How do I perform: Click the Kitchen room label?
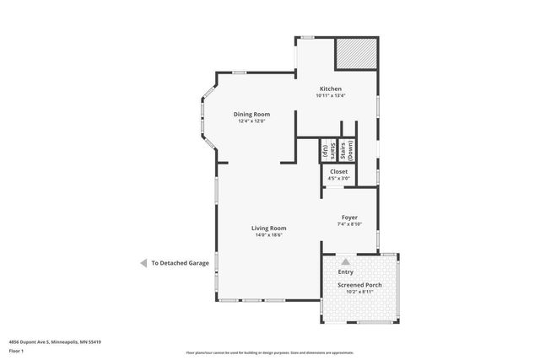tap(330, 89)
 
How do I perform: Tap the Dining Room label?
tap(251, 114)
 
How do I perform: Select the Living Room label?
tap(268, 228)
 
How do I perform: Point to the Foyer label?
tap(349, 218)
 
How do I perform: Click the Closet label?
tap(338, 171)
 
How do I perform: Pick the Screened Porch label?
tap(360, 285)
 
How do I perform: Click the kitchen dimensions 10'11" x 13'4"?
tap(331, 95)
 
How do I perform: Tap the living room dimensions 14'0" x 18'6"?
tap(268, 234)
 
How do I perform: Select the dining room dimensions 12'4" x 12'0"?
tap(251, 121)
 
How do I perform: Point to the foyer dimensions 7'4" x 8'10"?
tap(349, 224)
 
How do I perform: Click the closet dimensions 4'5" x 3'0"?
tap(338, 178)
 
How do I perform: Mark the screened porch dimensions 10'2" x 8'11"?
tap(360, 292)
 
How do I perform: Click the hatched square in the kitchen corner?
tap(355, 55)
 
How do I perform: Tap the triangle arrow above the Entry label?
tap(345, 263)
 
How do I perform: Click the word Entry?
tap(345, 272)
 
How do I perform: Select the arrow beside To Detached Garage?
tap(143, 263)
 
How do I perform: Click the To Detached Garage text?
tap(180, 263)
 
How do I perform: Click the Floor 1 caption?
tap(16, 350)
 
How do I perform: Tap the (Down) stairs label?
tap(350, 150)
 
